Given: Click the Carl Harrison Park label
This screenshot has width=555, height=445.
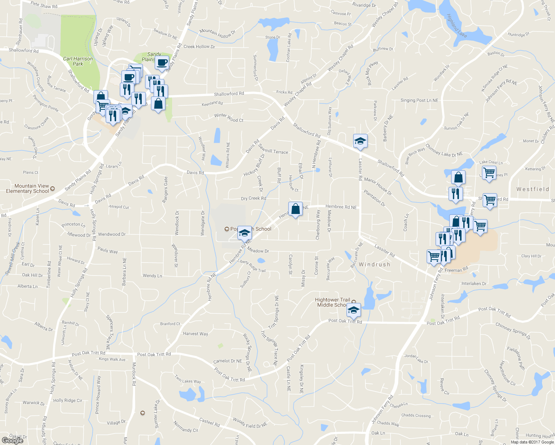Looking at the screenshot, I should [78, 61].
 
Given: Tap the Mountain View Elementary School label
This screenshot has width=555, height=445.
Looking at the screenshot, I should [28, 188].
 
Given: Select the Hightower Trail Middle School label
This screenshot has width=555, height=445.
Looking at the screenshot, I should [333, 302].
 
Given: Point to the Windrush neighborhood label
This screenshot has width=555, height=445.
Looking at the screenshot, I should [374, 264].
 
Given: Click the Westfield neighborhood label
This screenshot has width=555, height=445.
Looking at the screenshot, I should [532, 189].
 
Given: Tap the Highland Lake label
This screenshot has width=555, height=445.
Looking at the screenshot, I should [457, 26].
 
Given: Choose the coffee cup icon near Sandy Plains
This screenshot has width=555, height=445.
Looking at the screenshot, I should [162, 63].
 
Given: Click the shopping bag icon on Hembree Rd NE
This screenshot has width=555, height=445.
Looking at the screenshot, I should [296, 209].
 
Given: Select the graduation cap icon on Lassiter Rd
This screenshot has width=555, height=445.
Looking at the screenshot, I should [360, 141].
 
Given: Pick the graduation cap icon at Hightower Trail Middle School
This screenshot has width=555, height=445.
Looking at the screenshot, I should [354, 310].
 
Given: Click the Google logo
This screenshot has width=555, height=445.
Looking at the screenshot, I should [13, 441].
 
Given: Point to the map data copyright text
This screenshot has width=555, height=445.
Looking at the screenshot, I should [532, 442].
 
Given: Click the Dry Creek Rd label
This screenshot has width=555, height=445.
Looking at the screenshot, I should [253, 198].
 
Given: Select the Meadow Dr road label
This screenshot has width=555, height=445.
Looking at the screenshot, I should [258, 251].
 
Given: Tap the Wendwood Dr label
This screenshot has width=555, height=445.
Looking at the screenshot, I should [112, 234].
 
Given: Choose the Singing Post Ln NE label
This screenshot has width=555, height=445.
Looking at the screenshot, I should [419, 100].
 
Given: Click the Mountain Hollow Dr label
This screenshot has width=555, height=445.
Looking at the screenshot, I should [217, 33].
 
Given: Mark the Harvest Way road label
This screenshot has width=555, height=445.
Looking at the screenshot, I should [196, 334].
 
